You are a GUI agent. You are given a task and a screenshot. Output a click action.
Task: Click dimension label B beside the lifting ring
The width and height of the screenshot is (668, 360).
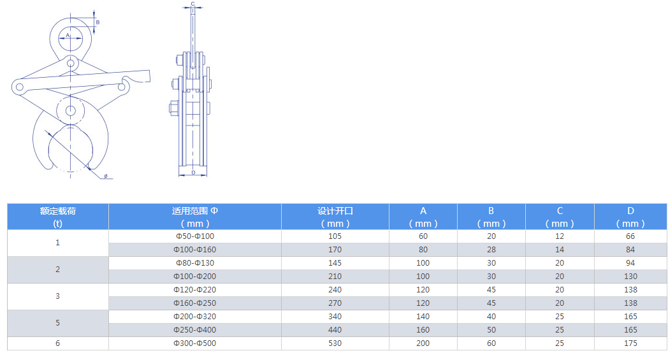(x=98, y=22)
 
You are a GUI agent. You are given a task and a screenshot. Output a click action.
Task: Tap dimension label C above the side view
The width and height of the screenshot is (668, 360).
(x=192, y=4)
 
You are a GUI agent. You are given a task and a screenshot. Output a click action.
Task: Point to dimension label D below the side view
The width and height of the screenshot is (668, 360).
(x=193, y=173)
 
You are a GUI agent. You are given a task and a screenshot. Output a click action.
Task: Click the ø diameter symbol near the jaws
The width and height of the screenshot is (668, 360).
(x=106, y=176)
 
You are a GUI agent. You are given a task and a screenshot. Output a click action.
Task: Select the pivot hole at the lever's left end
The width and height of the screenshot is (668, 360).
(x=19, y=87)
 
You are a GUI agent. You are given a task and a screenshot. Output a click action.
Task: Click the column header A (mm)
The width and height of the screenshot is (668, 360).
(x=423, y=217)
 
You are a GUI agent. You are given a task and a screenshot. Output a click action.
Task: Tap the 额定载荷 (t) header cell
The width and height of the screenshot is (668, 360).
(x=57, y=217)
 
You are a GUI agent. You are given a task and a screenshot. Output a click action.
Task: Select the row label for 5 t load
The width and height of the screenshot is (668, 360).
(x=57, y=323)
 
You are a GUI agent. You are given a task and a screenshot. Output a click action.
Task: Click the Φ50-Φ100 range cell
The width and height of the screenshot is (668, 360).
(x=194, y=236)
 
